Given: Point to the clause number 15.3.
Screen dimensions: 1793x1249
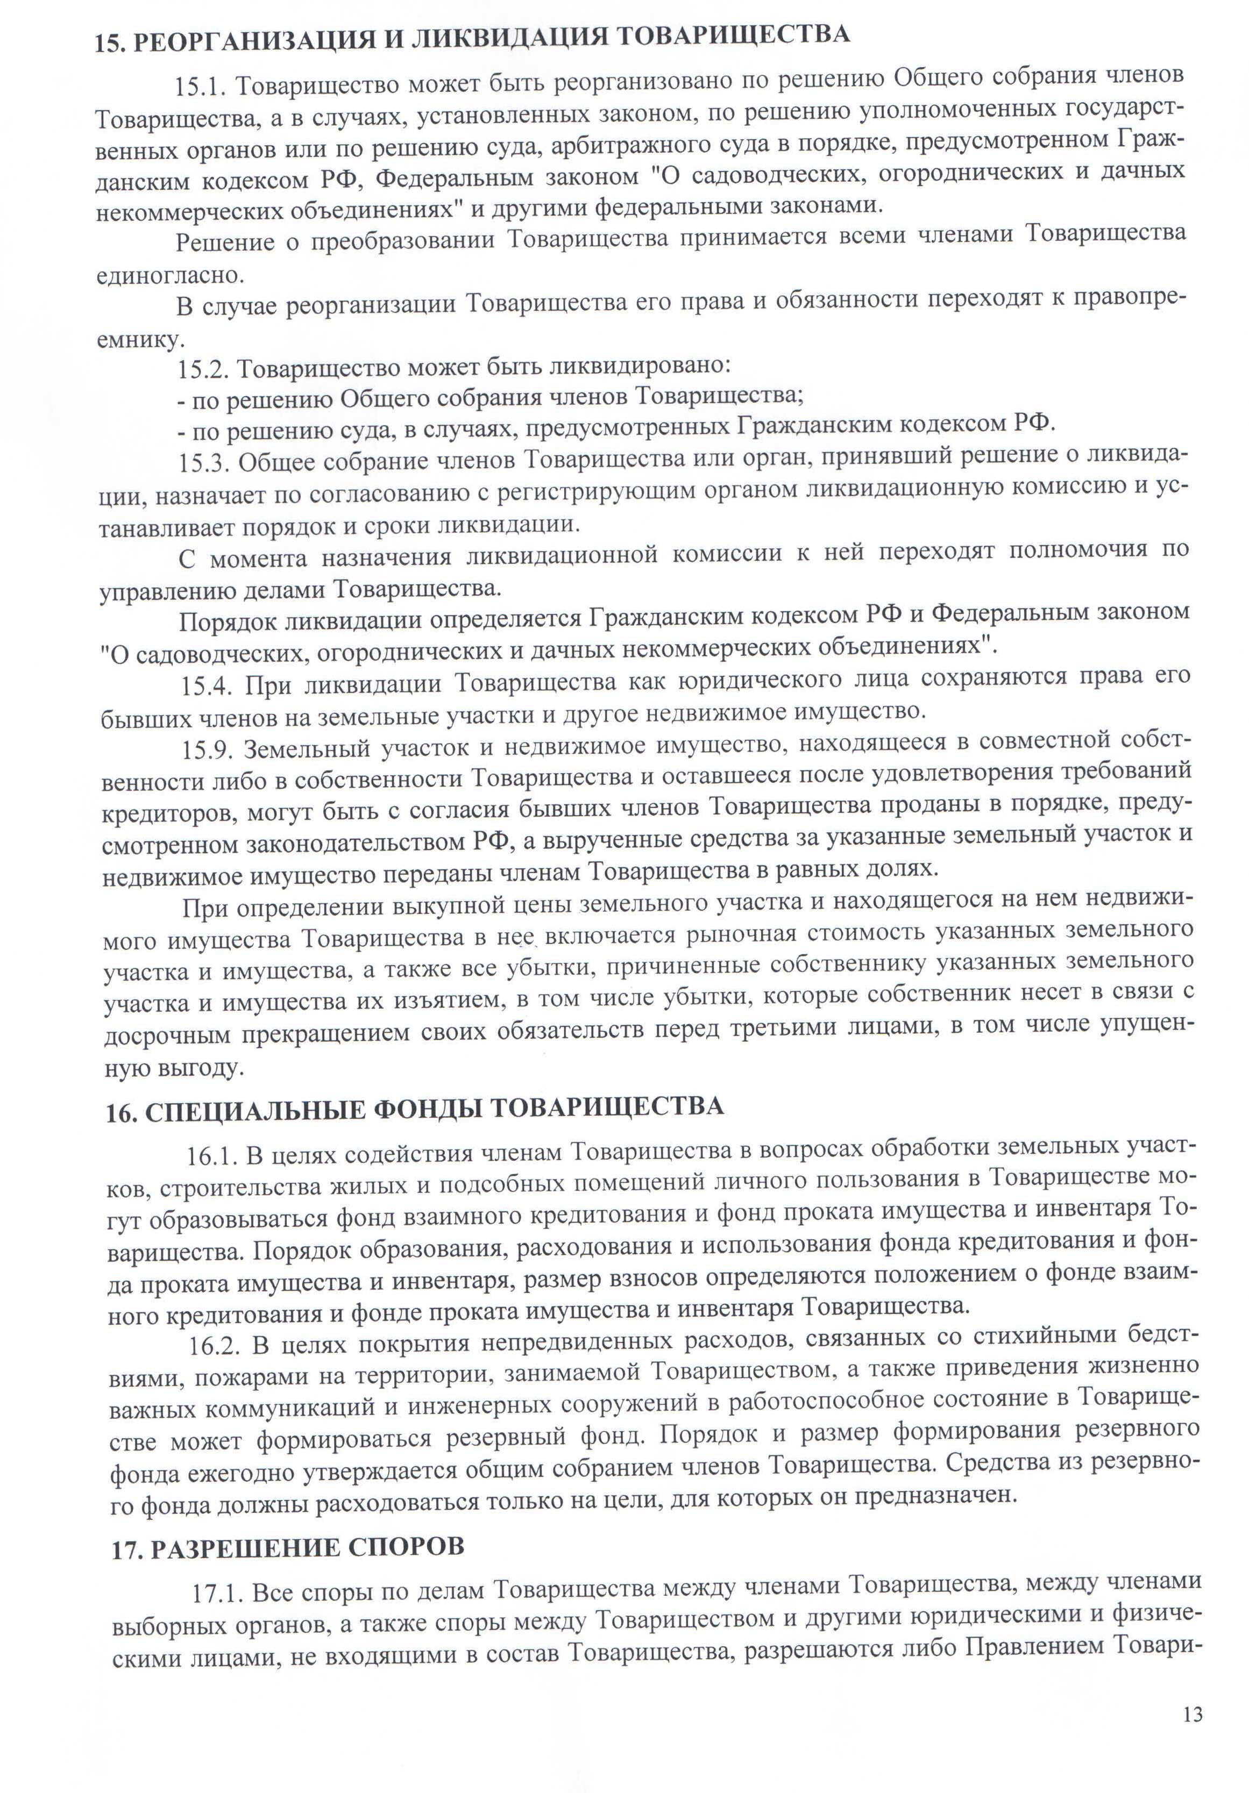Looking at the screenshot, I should click(x=204, y=463).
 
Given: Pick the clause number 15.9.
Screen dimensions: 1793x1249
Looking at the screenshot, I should click(x=208, y=749).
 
